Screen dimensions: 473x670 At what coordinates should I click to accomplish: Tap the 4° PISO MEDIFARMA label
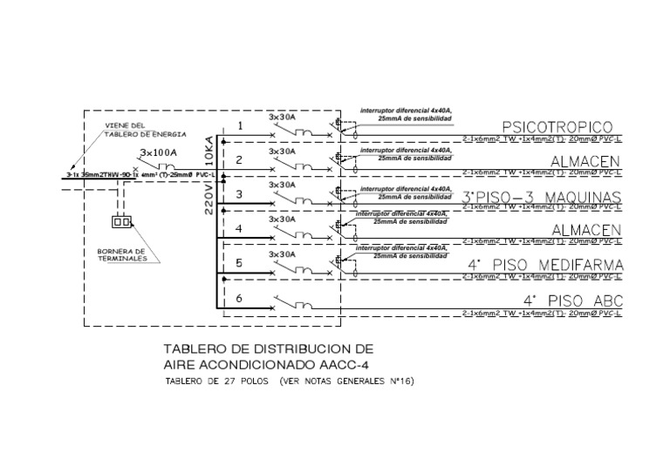[546, 265]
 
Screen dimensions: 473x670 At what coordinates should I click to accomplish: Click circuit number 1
[239, 127]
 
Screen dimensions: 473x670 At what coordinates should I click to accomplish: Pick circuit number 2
[239, 161]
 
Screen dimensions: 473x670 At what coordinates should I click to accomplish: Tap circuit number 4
[239, 230]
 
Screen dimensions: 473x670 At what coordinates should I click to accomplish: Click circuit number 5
[239, 264]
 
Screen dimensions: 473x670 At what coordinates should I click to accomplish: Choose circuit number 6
[239, 299]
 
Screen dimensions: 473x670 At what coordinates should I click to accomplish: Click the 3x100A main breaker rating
[159, 153]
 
